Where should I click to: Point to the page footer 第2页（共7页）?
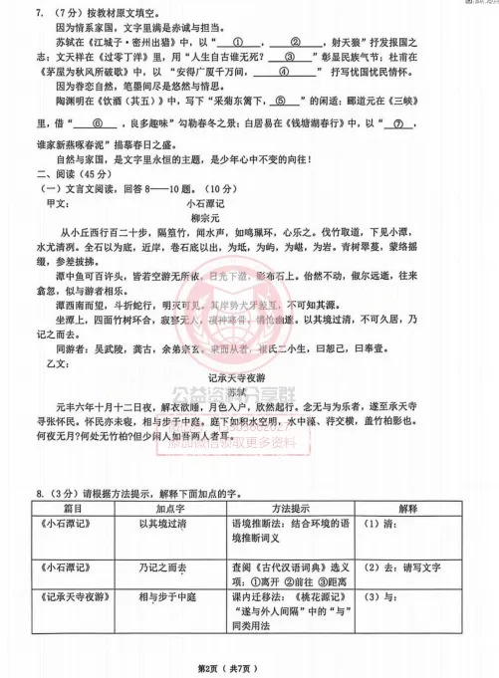click(x=249, y=662)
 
